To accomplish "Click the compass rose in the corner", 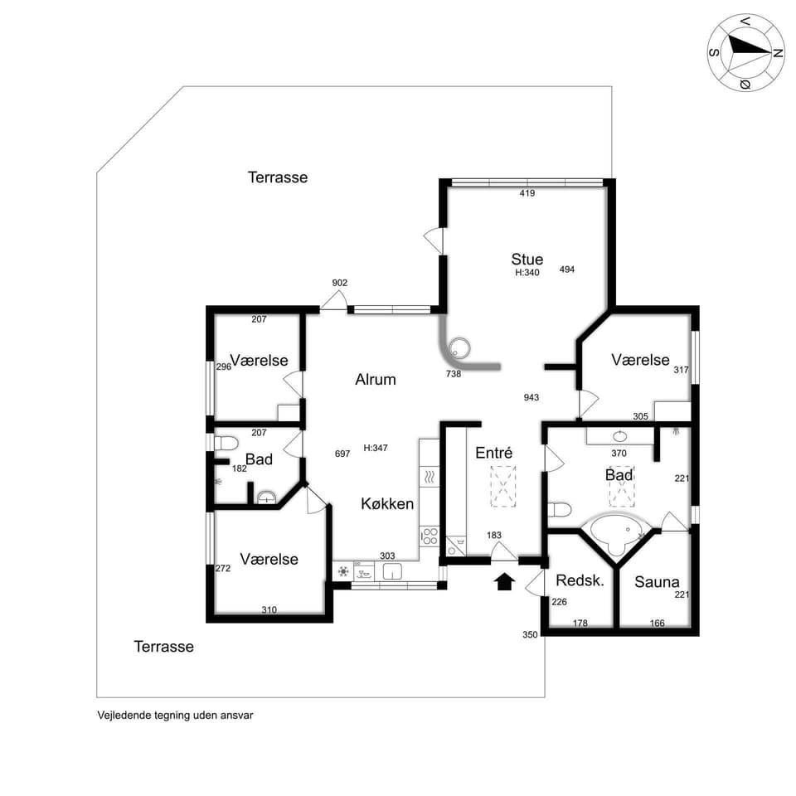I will click(x=746, y=51).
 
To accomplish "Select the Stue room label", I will click(x=527, y=260).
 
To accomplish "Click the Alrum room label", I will click(x=376, y=380).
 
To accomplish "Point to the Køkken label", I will click(x=387, y=503).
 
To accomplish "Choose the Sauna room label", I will click(x=657, y=582).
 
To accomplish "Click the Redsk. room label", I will click(x=580, y=580).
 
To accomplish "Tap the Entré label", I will click(x=494, y=453).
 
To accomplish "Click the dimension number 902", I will click(x=340, y=283).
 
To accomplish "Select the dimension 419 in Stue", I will click(x=527, y=193).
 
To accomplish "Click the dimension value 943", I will click(x=531, y=397).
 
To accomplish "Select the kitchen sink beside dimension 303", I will click(x=391, y=571).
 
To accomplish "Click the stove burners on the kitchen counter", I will click(x=429, y=535).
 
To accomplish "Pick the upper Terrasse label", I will click(x=278, y=177).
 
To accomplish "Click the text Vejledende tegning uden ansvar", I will click(x=175, y=715).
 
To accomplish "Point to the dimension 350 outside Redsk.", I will click(x=530, y=635).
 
